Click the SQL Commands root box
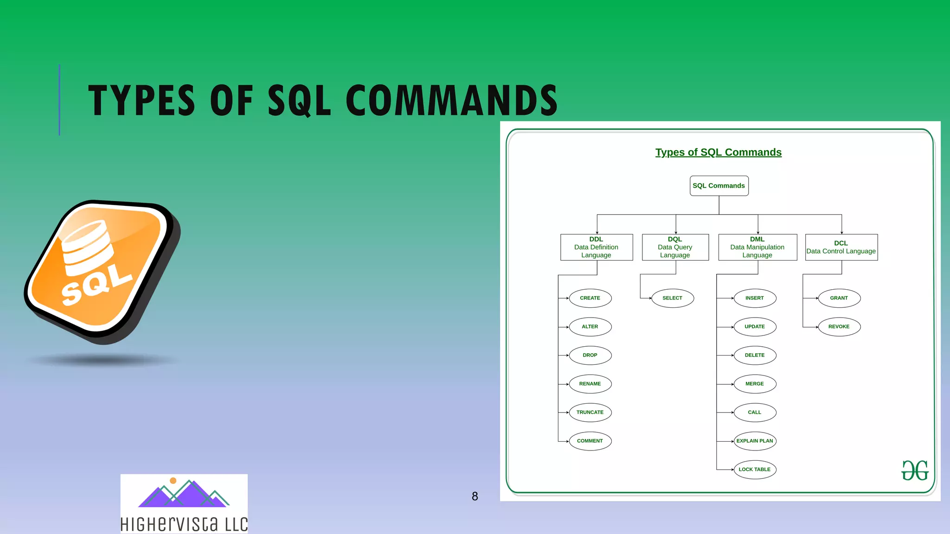point(719,186)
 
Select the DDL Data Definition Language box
point(596,247)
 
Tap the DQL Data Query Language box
point(675,247)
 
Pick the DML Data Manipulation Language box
point(757,247)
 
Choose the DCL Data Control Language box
point(841,247)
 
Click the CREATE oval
point(590,298)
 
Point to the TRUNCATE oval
point(590,412)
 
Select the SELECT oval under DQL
point(672,298)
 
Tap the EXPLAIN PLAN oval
point(755,441)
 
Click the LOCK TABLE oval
point(755,470)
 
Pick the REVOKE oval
point(839,327)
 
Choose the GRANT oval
point(839,298)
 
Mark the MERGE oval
point(755,384)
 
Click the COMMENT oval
point(590,441)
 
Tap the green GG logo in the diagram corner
point(915,470)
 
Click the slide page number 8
point(475,496)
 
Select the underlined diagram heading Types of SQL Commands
point(718,153)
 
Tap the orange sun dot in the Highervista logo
point(173,481)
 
